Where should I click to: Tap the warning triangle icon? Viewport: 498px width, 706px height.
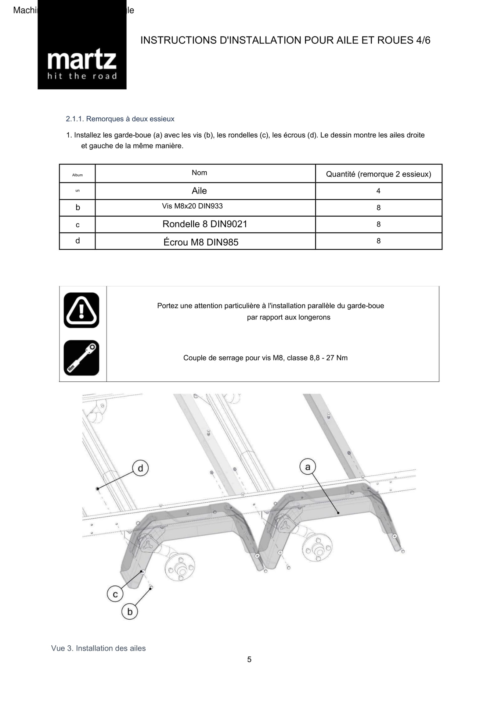[81, 310]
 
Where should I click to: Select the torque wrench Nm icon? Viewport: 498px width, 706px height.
[81, 358]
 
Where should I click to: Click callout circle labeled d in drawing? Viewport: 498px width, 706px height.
[140, 468]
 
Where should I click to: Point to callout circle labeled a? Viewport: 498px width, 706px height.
[308, 467]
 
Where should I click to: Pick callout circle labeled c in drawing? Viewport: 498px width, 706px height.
[115, 594]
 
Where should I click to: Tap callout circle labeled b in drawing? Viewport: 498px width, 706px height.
[130, 611]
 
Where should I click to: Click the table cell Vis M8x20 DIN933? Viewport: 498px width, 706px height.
[192, 206]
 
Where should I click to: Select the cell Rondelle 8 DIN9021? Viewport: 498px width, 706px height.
[205, 224]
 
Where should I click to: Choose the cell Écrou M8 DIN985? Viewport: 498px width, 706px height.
[201, 242]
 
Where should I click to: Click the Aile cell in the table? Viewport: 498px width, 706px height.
[199, 191]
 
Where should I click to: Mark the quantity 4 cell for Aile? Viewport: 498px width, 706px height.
[378, 191]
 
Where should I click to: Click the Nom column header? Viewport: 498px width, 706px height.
[199, 173]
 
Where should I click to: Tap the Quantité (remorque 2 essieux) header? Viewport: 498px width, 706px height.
[378, 174]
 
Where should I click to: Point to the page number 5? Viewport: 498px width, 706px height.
[249, 659]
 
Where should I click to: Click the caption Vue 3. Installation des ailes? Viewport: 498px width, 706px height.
[98, 648]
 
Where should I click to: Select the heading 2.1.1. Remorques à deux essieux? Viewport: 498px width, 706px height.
[120, 119]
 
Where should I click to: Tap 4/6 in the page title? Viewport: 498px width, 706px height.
[423, 40]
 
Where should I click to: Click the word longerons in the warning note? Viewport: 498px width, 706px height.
[314, 317]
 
